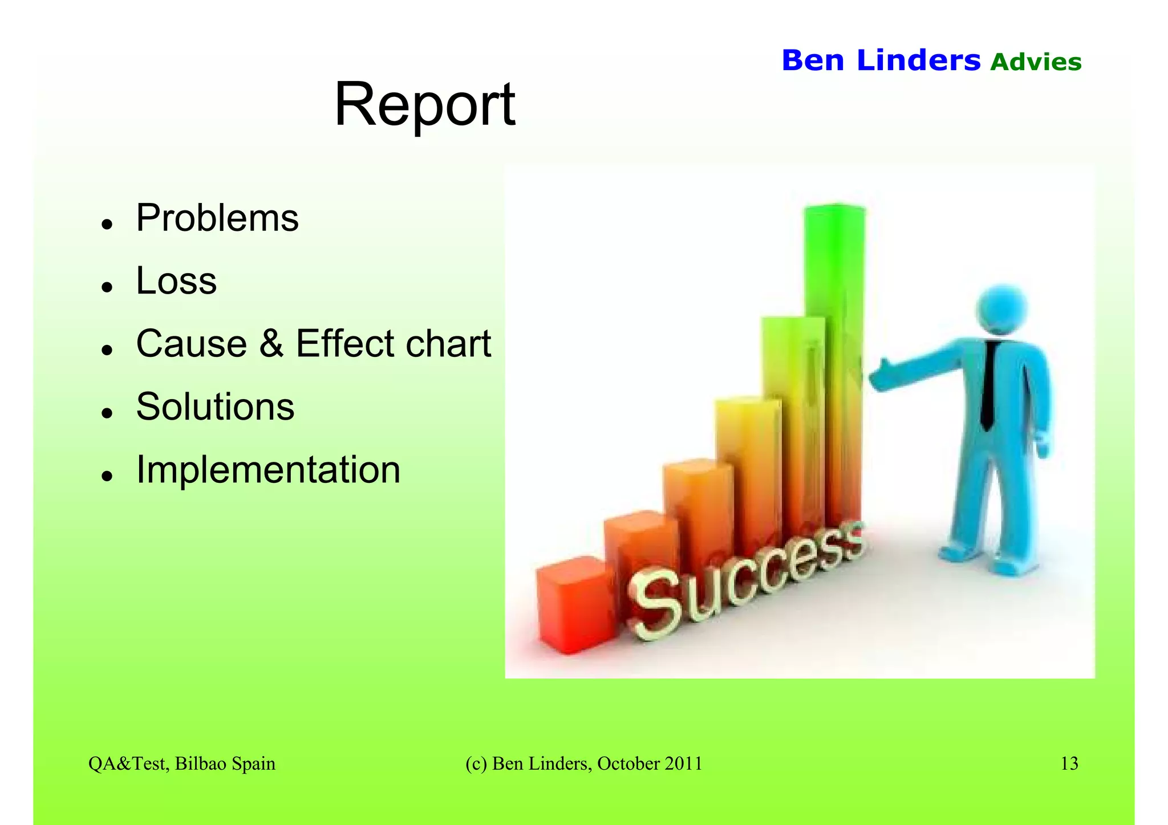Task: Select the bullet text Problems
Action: click(x=217, y=218)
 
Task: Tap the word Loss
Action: click(x=176, y=281)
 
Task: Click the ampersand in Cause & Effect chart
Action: click(x=271, y=344)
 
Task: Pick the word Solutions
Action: click(x=215, y=407)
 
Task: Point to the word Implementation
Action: click(x=268, y=470)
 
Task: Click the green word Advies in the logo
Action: click(x=1035, y=62)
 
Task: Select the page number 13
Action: click(x=1069, y=763)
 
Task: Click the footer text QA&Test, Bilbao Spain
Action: click(x=181, y=763)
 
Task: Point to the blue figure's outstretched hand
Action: click(x=882, y=376)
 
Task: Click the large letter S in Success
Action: click(x=656, y=604)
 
